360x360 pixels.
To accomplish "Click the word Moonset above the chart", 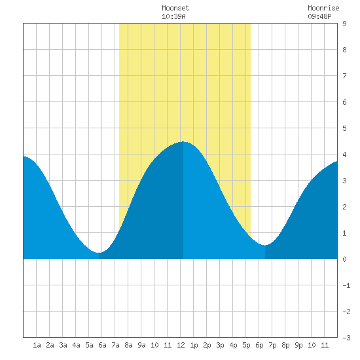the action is click(175, 8).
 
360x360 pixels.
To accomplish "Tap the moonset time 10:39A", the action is click(173, 16).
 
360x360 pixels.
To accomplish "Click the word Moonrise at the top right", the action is click(323, 8).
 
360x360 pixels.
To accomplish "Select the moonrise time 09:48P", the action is click(319, 16).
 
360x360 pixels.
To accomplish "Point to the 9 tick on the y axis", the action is click(344, 24).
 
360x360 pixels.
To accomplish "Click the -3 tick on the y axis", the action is click(347, 338).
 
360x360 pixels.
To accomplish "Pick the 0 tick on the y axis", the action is click(344, 259).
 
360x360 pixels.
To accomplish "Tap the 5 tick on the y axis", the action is click(344, 128).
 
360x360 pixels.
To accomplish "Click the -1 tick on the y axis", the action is click(347, 285).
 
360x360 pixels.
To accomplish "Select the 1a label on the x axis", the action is click(37, 345).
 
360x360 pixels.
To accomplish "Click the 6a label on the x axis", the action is click(102, 345).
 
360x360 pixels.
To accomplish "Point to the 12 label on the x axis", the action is click(181, 345).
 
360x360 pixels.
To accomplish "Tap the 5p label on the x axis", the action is click(246, 345).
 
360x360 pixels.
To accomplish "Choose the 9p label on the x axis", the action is click(298, 345).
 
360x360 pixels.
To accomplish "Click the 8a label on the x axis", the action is click(128, 345).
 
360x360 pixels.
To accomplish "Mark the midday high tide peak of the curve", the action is click(183, 141).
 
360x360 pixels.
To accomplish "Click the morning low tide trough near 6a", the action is click(99, 253).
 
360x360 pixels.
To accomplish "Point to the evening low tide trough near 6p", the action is click(265, 245).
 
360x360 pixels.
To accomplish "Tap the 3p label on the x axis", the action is click(220, 345).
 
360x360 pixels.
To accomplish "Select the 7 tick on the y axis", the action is click(344, 76).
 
